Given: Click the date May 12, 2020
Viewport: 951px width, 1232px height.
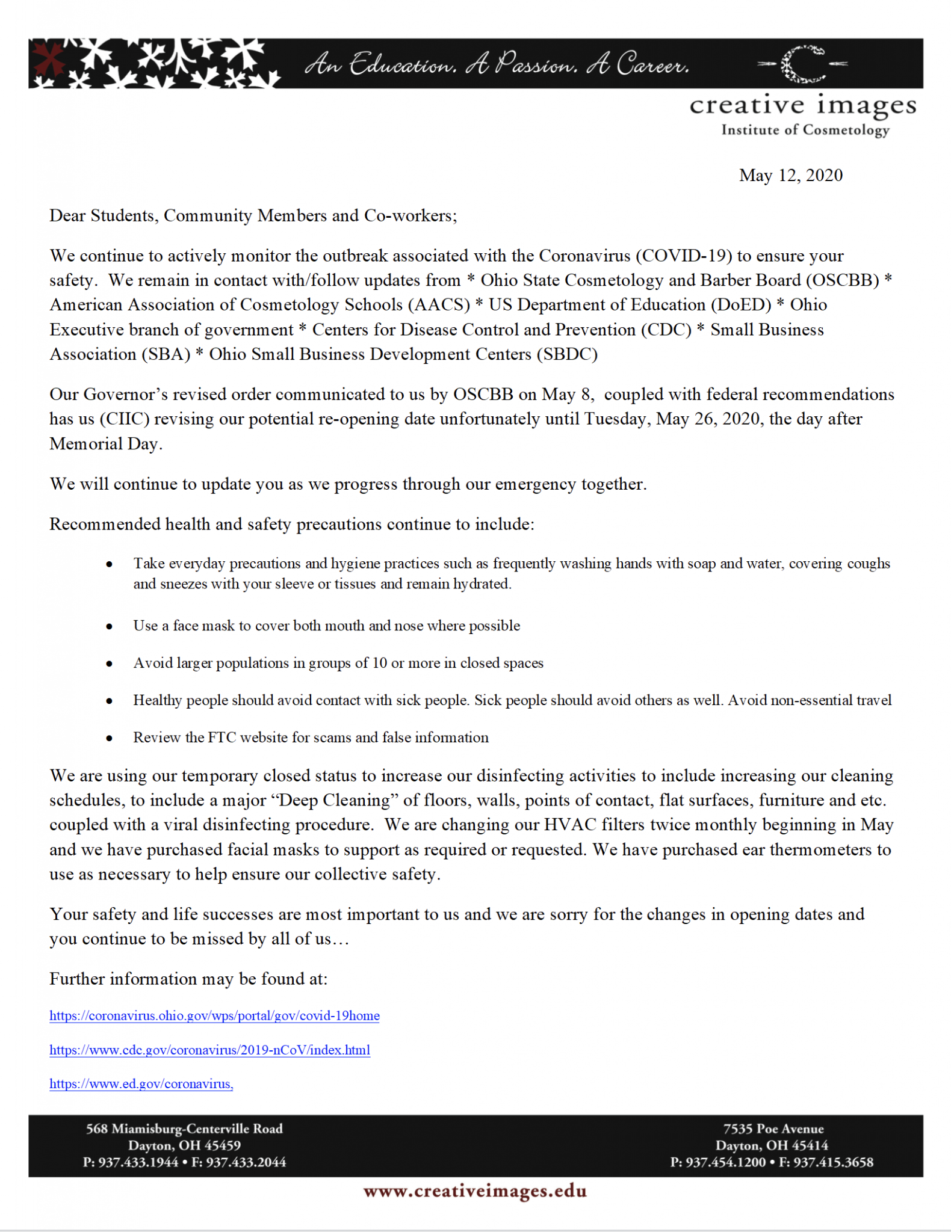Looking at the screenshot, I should click(790, 176).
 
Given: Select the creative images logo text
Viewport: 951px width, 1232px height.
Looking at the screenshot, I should click(802, 106).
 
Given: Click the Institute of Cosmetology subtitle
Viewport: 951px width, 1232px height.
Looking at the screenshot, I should click(805, 130).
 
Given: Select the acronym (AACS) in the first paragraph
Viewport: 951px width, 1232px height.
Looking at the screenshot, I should click(439, 306).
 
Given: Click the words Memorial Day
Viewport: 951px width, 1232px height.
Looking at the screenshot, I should click(105, 445).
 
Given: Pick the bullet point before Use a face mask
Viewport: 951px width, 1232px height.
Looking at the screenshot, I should click(109, 626).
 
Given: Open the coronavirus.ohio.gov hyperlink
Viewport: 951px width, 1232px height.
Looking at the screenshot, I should click(214, 1016).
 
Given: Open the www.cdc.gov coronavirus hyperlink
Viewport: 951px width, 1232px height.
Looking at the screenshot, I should click(209, 1050).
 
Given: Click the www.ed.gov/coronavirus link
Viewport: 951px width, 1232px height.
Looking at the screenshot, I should click(141, 1084).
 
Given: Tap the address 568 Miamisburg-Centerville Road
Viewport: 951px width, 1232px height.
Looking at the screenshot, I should click(184, 1129).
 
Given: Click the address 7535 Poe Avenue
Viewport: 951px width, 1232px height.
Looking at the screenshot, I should click(773, 1129).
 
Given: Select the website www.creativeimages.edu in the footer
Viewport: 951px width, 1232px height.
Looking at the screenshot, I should click(475, 1192).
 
